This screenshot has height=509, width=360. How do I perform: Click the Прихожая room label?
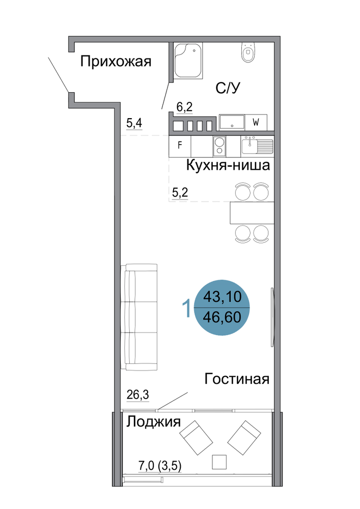[116, 62]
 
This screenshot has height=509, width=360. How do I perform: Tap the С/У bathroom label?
[228, 88]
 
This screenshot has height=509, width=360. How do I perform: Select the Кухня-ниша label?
[228, 165]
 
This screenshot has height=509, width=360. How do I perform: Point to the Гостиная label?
[237, 379]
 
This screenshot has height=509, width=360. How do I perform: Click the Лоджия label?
[153, 422]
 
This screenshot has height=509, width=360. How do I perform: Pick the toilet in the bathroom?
[248, 52]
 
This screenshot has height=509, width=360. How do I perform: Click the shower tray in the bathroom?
[188, 60]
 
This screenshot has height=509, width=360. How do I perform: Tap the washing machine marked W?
[256, 122]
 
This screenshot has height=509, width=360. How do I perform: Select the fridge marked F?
[180, 145]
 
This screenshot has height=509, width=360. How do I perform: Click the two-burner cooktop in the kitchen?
[219, 146]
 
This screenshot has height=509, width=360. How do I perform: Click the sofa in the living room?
[139, 317]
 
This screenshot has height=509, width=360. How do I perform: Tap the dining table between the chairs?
[252, 213]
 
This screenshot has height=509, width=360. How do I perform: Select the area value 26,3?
[137, 395]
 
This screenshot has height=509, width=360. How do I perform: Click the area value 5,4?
[134, 123]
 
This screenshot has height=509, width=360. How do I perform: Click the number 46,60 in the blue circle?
[222, 317]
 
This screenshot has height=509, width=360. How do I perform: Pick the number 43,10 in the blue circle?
[223, 297]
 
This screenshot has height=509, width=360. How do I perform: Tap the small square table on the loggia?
[219, 462]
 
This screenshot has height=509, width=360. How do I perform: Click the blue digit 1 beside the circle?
[187, 308]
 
